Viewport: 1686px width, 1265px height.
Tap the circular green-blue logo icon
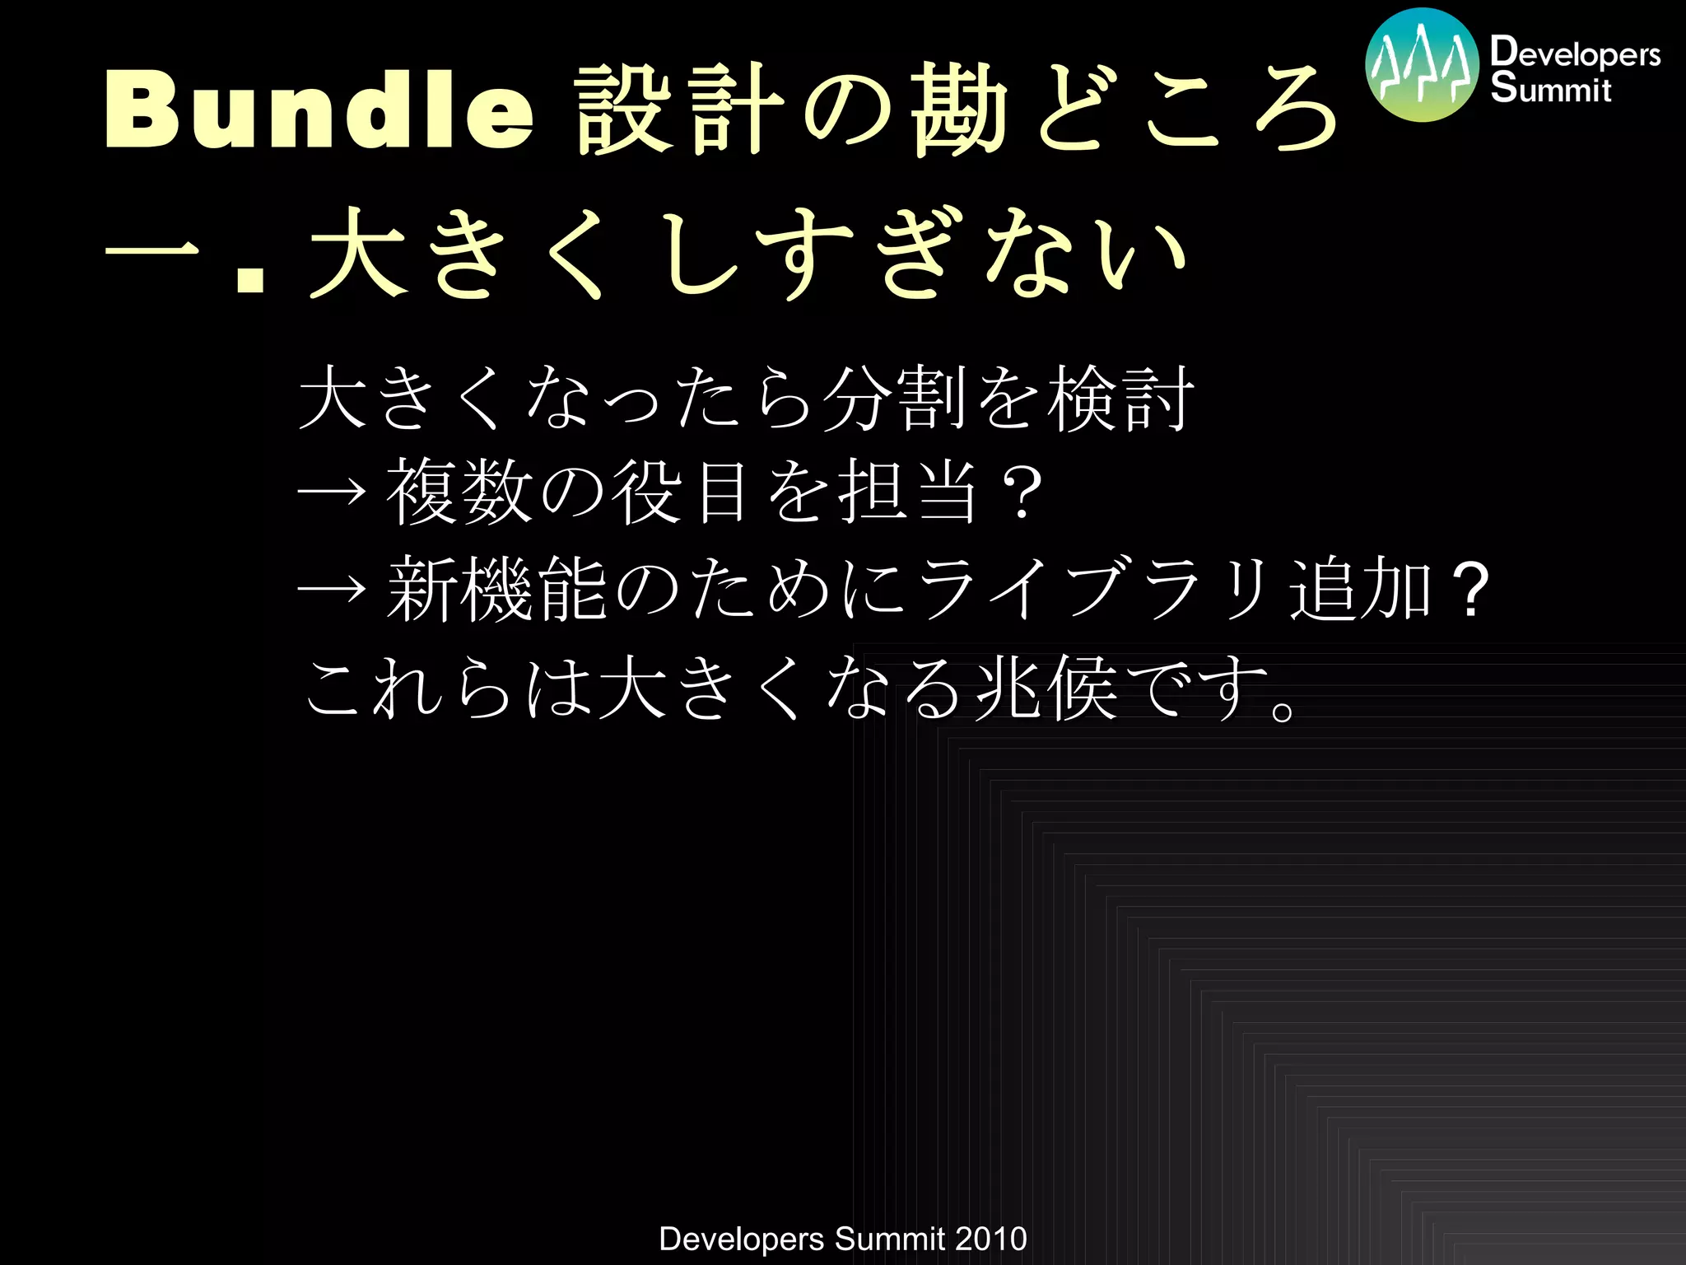(1422, 66)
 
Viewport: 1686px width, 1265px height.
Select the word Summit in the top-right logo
(1550, 88)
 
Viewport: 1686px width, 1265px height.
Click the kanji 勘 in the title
(959, 110)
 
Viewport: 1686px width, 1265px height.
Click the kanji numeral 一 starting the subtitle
(154, 253)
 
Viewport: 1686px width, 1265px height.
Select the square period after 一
(249, 276)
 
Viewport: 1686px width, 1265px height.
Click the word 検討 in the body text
(1120, 398)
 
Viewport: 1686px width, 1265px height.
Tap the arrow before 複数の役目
(331, 492)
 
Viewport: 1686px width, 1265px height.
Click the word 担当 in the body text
(908, 492)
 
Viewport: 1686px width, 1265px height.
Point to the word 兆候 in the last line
(1046, 688)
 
